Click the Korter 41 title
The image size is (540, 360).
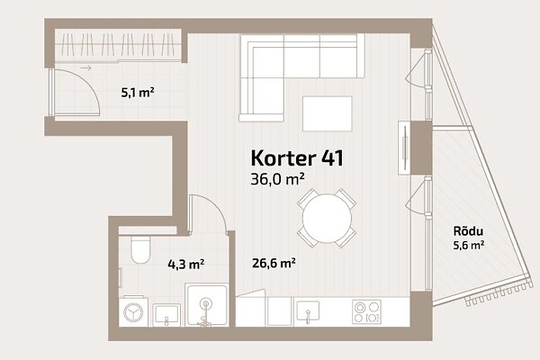(x=297, y=158)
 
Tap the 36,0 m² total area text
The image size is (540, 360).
(x=277, y=179)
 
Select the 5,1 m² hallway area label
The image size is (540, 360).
(x=138, y=93)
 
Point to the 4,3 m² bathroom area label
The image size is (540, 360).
(x=186, y=265)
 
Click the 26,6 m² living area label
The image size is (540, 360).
(x=274, y=263)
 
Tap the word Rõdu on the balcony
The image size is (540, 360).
(x=468, y=230)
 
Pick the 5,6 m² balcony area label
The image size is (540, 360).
(x=469, y=246)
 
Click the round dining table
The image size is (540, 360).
(x=327, y=218)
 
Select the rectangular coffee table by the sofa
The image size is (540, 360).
(x=328, y=113)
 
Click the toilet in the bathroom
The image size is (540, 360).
(x=141, y=248)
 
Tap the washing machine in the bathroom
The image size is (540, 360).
(x=133, y=311)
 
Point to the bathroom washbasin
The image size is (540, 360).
(x=166, y=314)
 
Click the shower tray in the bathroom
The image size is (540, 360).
(x=207, y=305)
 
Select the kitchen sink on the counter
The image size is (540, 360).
(x=308, y=311)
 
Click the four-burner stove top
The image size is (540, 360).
(x=367, y=311)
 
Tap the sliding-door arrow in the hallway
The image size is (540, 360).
(x=86, y=68)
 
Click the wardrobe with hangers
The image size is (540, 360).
(x=118, y=46)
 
